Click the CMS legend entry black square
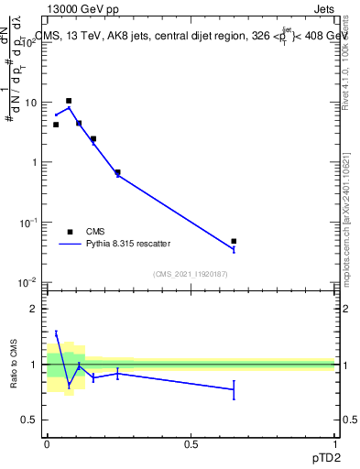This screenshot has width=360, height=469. [70, 232]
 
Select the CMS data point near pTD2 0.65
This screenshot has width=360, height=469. [234, 241]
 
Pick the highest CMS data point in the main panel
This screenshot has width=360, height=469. [69, 101]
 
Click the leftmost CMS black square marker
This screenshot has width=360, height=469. [56, 125]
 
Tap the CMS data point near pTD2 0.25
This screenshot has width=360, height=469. [117, 172]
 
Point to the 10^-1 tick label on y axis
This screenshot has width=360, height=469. [31, 223]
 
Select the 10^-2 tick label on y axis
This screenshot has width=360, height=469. [31, 282]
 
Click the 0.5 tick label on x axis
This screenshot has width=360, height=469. [191, 442]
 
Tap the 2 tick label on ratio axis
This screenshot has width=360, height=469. [34, 309]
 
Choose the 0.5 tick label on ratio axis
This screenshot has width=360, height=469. [30, 420]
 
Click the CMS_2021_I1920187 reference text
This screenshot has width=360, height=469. [190, 273]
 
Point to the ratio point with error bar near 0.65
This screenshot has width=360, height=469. [234, 389]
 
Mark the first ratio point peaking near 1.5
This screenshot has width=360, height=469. [56, 333]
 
